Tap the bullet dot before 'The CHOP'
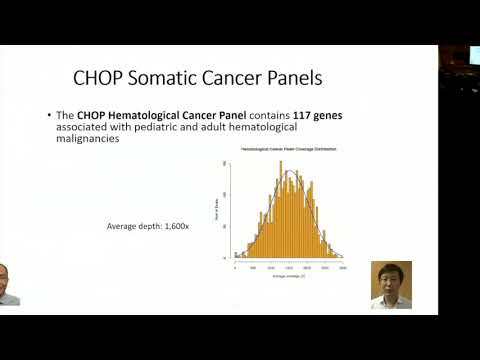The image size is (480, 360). tap(49, 115)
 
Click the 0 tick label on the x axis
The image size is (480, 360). tap(236, 267)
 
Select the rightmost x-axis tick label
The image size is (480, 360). tap(343, 267)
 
